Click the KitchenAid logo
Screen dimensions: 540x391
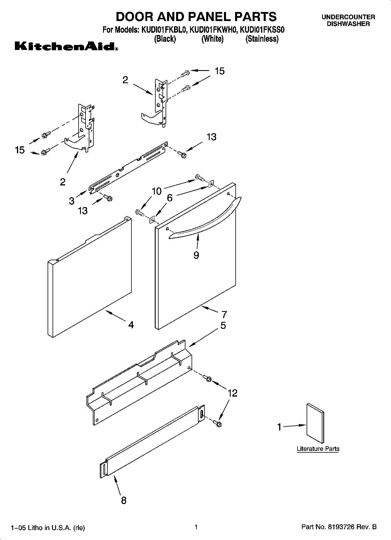tap(67, 47)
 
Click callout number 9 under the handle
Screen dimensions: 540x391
tap(196, 255)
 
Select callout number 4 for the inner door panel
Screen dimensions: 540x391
tap(131, 324)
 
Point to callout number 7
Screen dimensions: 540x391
tap(224, 315)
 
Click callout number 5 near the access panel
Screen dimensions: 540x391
tap(223, 325)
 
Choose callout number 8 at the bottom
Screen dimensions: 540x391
tap(124, 500)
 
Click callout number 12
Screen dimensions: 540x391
tap(232, 393)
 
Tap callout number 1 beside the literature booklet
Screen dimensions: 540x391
tap(279, 427)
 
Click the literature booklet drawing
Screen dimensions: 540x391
tap(315, 423)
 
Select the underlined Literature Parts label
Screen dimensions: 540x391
tap(318, 449)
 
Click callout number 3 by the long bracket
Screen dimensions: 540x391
tap(72, 201)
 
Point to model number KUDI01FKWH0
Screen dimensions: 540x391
tap(213, 30)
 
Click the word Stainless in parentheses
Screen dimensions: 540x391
tap(262, 39)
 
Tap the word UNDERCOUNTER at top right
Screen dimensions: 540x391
tap(348, 17)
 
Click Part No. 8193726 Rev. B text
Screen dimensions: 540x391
tap(339, 527)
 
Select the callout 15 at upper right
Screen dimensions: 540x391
tap(220, 71)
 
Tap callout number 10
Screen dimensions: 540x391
tap(157, 191)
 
